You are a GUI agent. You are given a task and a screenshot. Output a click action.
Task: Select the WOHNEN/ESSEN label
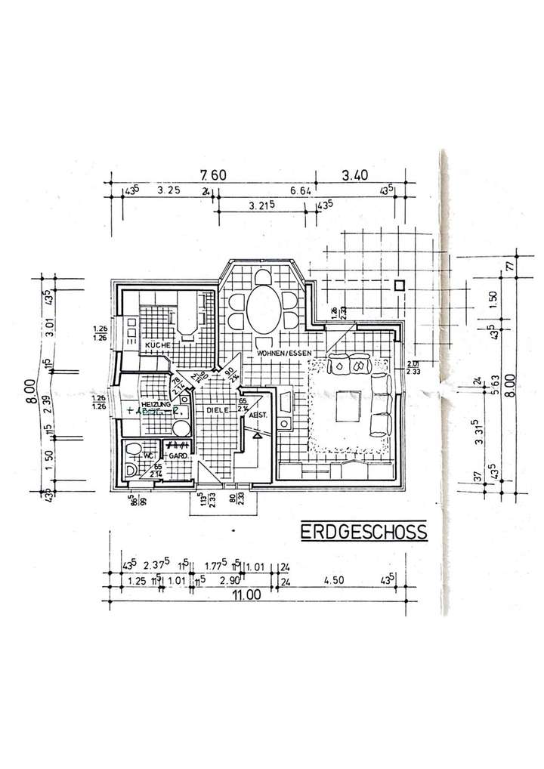click(x=282, y=354)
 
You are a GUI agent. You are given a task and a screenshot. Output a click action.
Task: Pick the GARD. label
click(x=178, y=456)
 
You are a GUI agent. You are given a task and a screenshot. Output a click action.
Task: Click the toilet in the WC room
click(x=134, y=452)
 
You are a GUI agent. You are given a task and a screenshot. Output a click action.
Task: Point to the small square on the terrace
click(x=400, y=286)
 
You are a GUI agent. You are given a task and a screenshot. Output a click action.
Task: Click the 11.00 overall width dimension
click(x=247, y=595)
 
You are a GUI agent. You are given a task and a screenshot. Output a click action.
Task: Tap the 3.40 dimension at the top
click(x=354, y=175)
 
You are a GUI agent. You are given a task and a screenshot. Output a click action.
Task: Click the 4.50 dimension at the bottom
click(x=333, y=582)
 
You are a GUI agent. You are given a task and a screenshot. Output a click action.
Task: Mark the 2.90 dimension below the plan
click(x=231, y=582)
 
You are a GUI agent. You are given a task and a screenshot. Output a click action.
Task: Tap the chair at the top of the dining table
click(x=262, y=276)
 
